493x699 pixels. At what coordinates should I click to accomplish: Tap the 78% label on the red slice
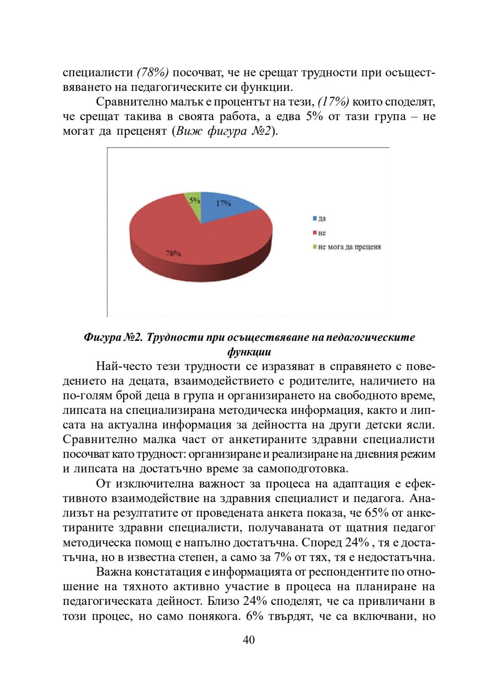[x=173, y=253]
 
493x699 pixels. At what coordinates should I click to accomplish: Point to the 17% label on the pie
[x=223, y=203]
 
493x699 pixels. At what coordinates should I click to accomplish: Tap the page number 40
[x=249, y=640]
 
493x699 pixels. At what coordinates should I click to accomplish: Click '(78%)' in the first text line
[x=153, y=73]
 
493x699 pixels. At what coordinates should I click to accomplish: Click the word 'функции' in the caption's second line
[x=249, y=352]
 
